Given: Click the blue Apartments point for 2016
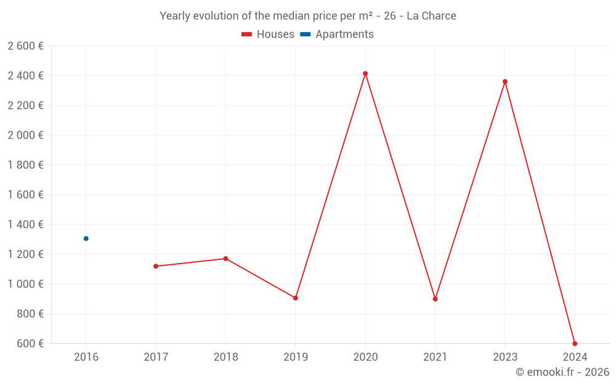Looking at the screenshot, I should [x=86, y=238].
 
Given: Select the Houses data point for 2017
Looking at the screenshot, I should [x=156, y=266].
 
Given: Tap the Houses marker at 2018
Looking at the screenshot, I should [x=225, y=259].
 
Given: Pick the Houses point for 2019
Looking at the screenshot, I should [x=296, y=298].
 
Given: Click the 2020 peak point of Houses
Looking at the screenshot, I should [x=365, y=73].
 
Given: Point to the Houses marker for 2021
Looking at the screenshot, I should [x=435, y=299].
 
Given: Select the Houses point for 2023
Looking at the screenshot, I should [x=505, y=81].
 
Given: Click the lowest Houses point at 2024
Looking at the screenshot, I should [x=575, y=343].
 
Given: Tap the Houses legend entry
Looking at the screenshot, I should [x=268, y=34].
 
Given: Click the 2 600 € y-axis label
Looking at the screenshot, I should [x=26, y=46].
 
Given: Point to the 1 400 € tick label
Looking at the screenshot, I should [x=26, y=224].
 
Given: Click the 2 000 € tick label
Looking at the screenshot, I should [x=26, y=135].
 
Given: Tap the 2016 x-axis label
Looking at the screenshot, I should [x=86, y=357].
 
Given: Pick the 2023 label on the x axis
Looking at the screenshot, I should [x=505, y=357].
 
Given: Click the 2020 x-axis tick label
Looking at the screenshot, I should [x=365, y=357].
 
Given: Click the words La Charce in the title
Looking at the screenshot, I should [x=431, y=16].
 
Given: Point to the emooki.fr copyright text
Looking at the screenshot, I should [x=562, y=372].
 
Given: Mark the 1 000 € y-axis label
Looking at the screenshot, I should [x=26, y=284].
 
